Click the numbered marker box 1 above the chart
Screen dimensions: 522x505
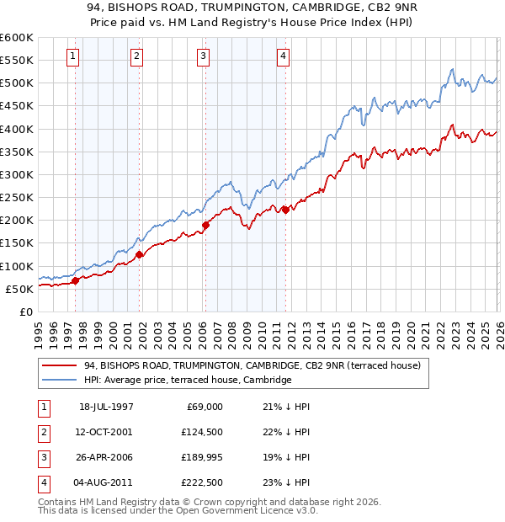(x=73, y=56)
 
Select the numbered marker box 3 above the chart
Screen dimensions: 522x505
(x=204, y=56)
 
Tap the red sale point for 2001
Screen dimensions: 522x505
(x=139, y=254)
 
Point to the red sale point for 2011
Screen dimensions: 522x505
(x=285, y=210)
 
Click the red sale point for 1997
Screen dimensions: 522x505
(x=76, y=280)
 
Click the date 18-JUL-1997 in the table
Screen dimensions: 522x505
(x=106, y=407)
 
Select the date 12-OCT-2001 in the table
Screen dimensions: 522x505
(x=106, y=433)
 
